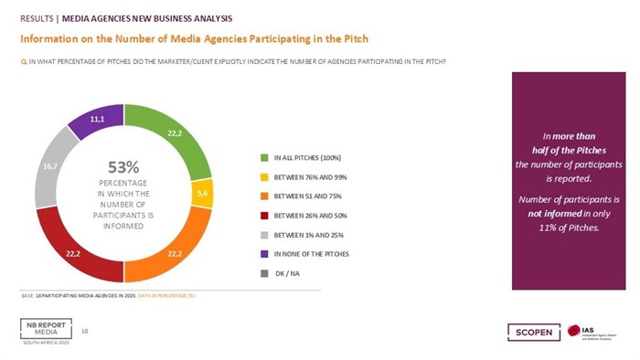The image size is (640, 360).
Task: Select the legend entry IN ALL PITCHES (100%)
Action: coord(302,158)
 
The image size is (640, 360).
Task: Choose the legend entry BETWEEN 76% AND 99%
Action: coord(302,175)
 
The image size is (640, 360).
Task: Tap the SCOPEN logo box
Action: coord(531,332)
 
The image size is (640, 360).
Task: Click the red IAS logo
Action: coord(573,331)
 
